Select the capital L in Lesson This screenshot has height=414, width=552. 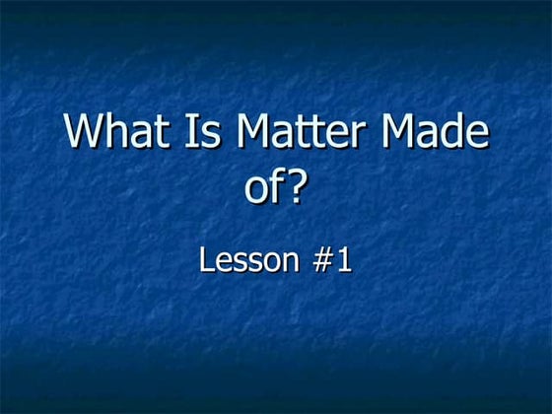pyautogui.click(x=206, y=260)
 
